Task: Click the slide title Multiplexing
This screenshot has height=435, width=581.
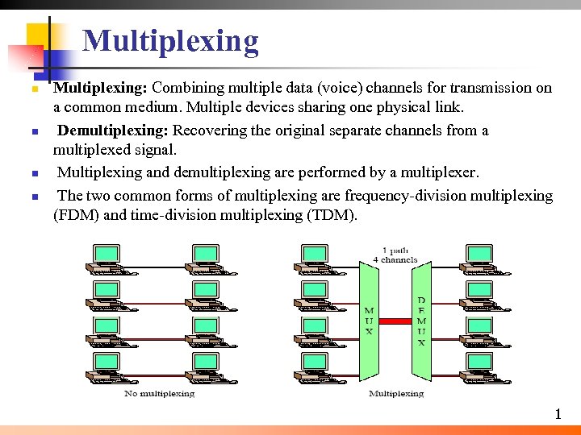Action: [x=170, y=40]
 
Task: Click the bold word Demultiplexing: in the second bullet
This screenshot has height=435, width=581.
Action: [x=113, y=130]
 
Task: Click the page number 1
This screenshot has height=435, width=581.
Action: [x=558, y=414]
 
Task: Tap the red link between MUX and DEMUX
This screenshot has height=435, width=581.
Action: [x=395, y=321]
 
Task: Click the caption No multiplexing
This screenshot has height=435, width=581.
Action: [x=159, y=393]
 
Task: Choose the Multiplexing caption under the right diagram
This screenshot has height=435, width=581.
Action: [x=395, y=393]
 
